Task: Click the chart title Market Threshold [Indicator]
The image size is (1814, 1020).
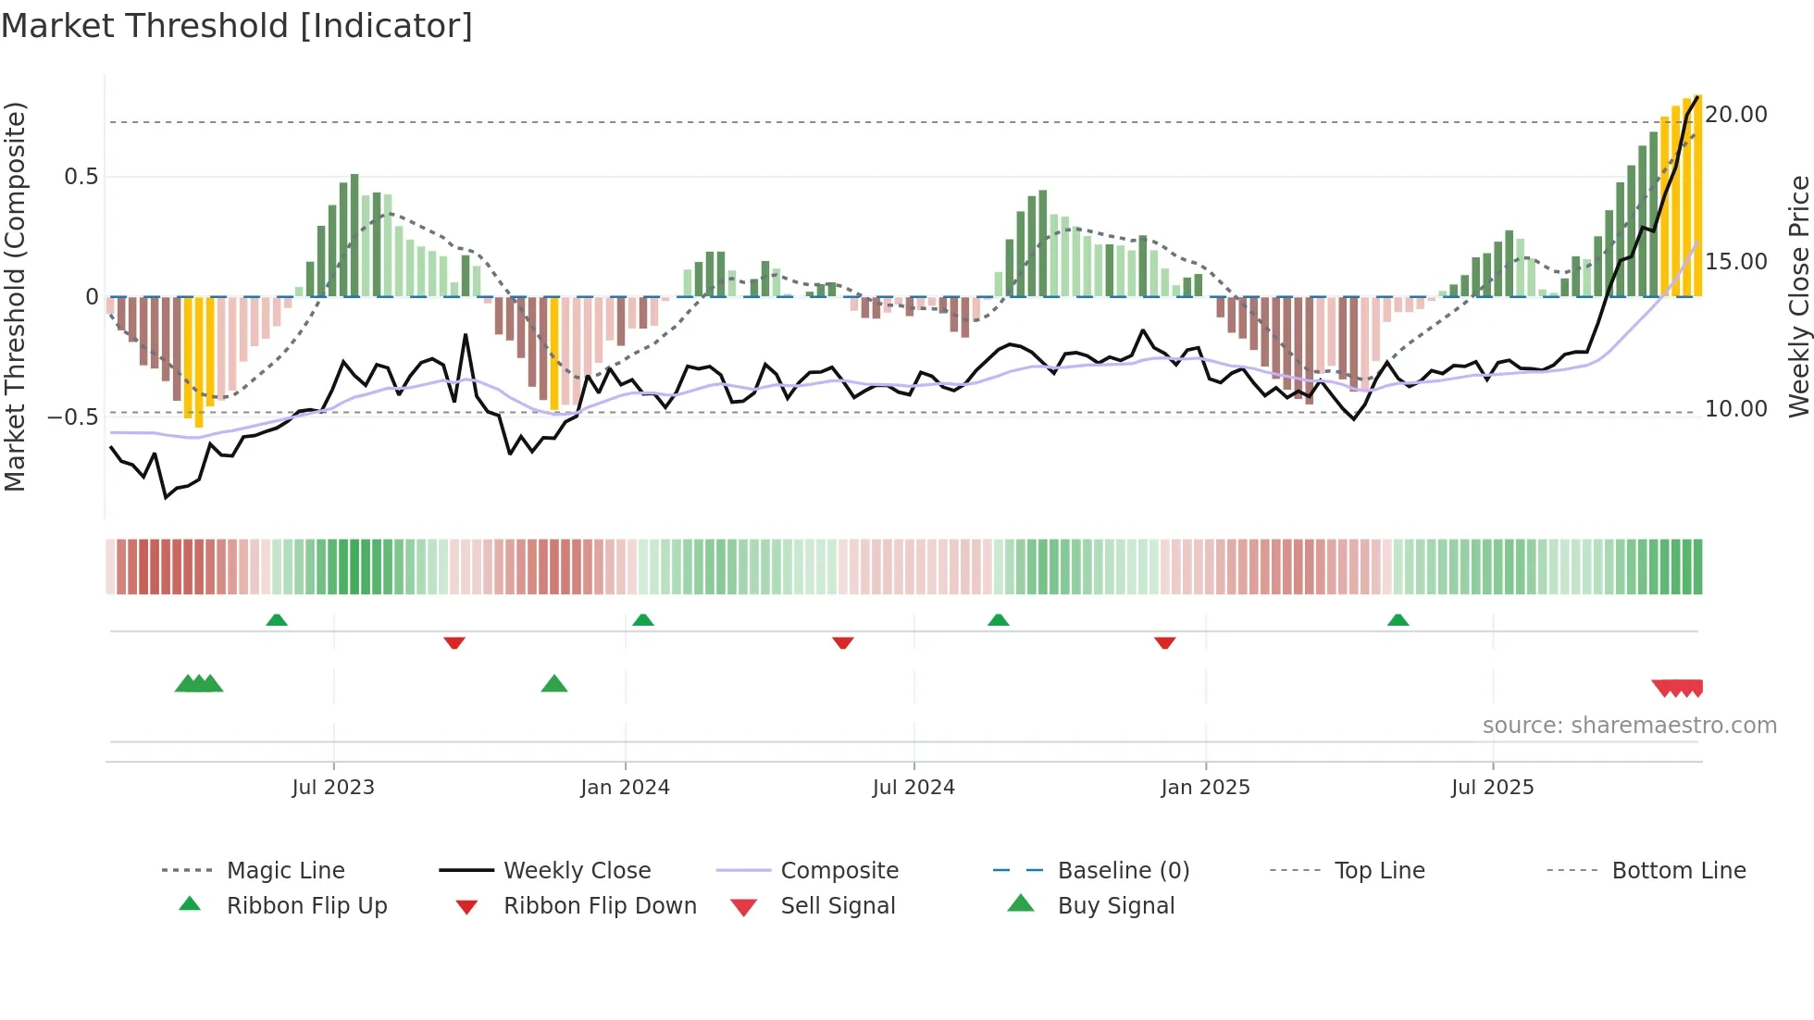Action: [x=237, y=26]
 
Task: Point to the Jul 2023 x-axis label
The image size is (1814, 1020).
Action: [x=333, y=788]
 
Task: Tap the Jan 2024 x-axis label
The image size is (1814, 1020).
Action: [x=625, y=788]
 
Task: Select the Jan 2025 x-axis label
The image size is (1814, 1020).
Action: [x=1205, y=788]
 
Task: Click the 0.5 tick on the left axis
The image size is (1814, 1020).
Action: [x=81, y=177]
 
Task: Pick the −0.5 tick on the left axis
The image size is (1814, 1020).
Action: [x=73, y=417]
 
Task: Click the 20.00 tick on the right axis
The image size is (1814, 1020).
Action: [x=1736, y=115]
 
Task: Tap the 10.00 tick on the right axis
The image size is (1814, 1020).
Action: [x=1736, y=409]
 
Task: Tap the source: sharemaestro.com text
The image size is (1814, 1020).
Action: [x=1629, y=726]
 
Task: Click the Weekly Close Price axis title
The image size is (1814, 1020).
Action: [x=1798, y=296]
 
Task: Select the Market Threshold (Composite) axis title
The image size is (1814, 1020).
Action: [x=15, y=296]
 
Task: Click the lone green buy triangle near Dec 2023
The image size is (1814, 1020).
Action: [x=553, y=684]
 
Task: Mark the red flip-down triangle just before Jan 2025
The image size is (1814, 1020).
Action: [x=1164, y=642]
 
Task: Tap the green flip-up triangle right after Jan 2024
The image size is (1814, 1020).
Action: [x=643, y=619]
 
